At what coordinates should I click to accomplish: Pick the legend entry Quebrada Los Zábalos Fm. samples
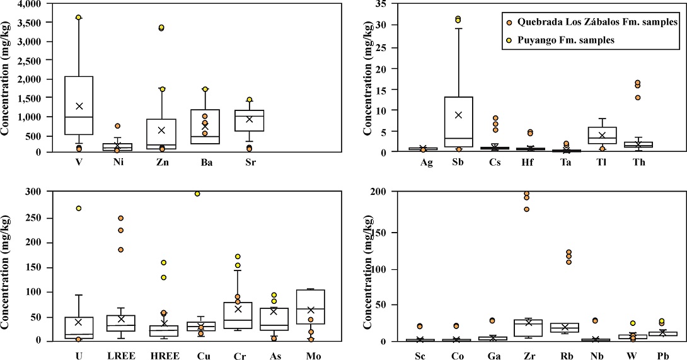coord(592,22)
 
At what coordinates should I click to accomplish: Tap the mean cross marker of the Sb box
coord(458,115)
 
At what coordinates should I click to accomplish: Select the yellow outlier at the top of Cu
coord(197,194)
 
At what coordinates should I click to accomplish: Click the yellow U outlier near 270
coord(79,208)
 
